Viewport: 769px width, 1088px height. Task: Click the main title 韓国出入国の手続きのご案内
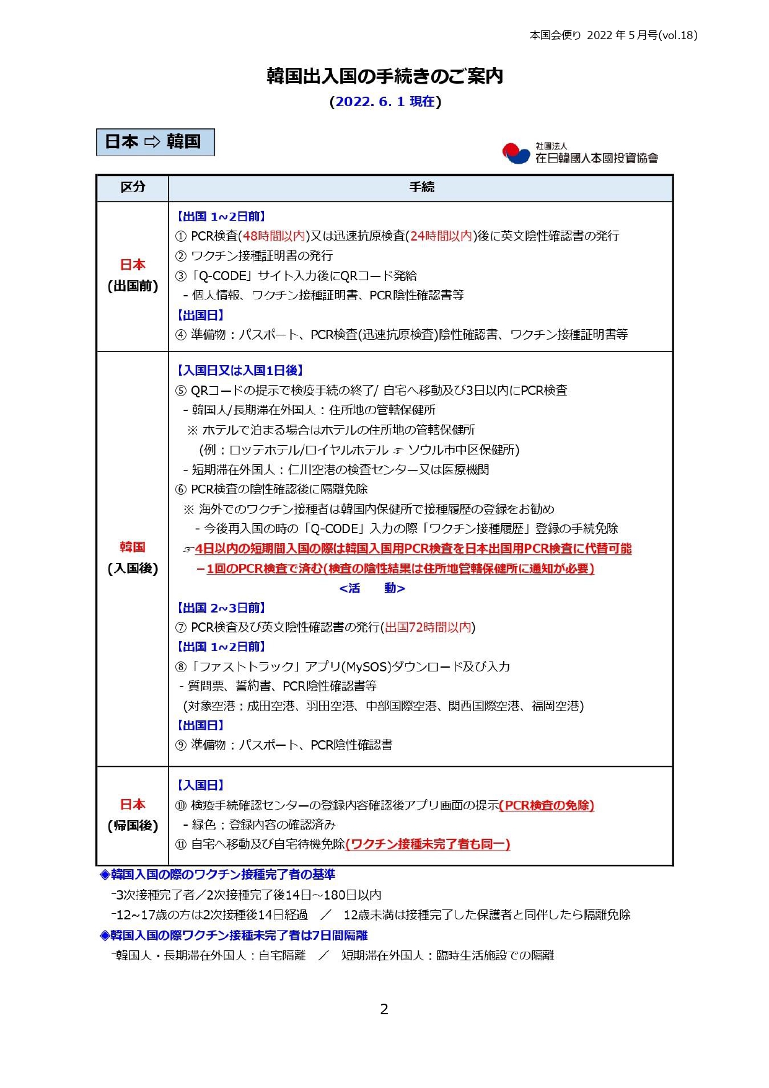coord(384,76)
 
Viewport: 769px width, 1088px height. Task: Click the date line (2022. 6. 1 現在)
coord(385,102)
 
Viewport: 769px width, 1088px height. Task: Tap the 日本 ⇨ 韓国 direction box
coord(155,142)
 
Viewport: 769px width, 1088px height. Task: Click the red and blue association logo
coord(516,153)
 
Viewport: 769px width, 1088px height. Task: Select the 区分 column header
coord(133,187)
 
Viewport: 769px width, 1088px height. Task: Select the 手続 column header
coord(421,187)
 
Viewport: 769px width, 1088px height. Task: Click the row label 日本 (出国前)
coord(133,275)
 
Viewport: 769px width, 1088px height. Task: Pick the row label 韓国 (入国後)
coord(133,557)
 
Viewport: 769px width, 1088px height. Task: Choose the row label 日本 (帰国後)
coord(133,815)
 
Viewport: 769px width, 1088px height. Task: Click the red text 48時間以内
coord(274,236)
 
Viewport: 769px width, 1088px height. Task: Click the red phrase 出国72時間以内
coord(428,627)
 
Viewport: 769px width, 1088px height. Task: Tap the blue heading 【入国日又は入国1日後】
coord(240,371)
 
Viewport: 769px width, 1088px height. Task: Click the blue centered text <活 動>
coord(372,588)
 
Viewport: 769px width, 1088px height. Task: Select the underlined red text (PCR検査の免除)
coord(547,805)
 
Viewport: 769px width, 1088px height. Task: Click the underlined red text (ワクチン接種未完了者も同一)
coord(428,844)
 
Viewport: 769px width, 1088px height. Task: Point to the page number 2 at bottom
coord(384,1009)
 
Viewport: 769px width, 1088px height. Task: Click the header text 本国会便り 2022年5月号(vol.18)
coord(613,35)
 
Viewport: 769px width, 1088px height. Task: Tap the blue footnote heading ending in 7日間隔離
coord(234,935)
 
